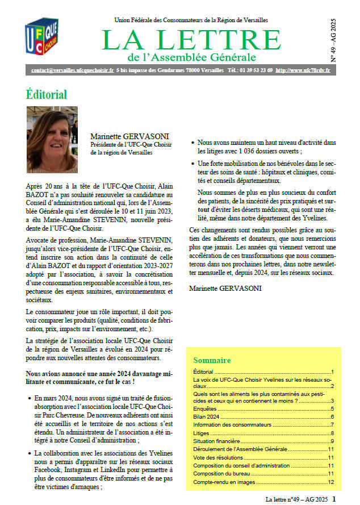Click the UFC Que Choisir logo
(x=41, y=38)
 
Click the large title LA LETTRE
(x=191, y=40)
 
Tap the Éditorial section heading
(x=47, y=94)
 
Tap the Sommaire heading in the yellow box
(x=212, y=360)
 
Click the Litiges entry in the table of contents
(x=202, y=433)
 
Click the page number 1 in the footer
(x=334, y=499)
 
